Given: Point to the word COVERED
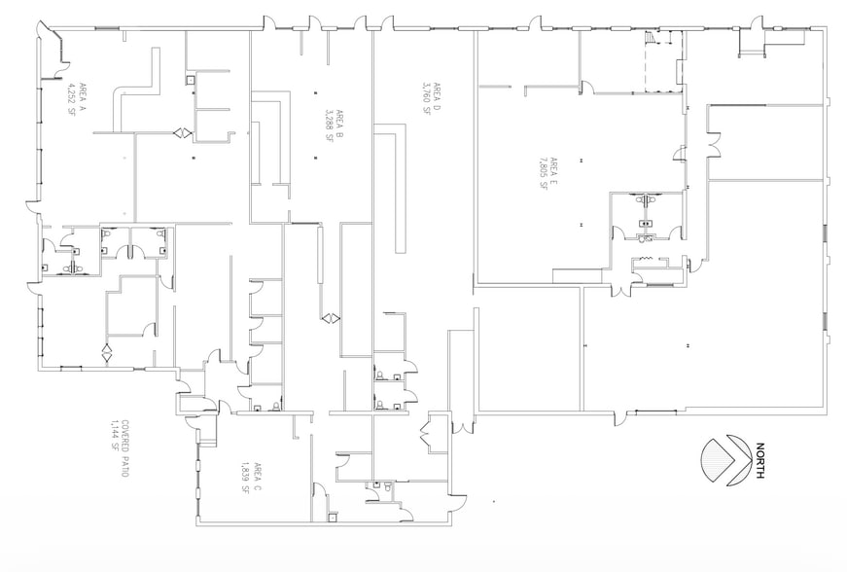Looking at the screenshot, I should pos(127,440).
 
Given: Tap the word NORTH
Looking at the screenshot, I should pos(759,461).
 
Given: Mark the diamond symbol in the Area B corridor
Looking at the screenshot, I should pos(331,318).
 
